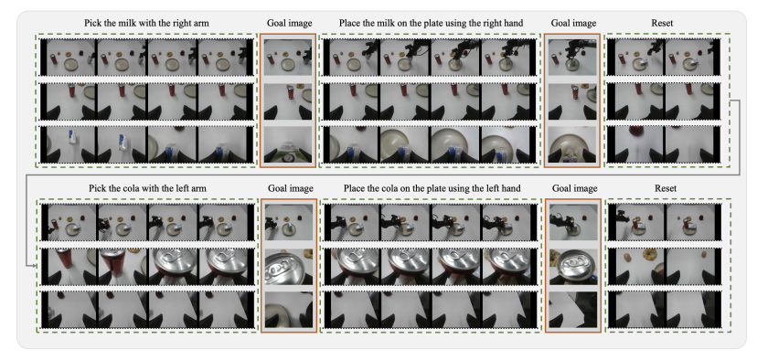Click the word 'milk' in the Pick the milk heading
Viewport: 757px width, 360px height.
click(124, 23)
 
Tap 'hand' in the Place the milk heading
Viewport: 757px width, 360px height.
click(513, 23)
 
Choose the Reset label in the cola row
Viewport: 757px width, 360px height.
click(666, 188)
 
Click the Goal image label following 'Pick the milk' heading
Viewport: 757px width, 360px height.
click(290, 23)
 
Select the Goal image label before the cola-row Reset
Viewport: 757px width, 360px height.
click(574, 188)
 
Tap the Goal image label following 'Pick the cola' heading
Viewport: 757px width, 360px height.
click(290, 188)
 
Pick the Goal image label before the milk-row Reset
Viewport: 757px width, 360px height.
click(573, 23)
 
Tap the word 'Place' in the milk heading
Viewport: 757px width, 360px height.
click(349, 23)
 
